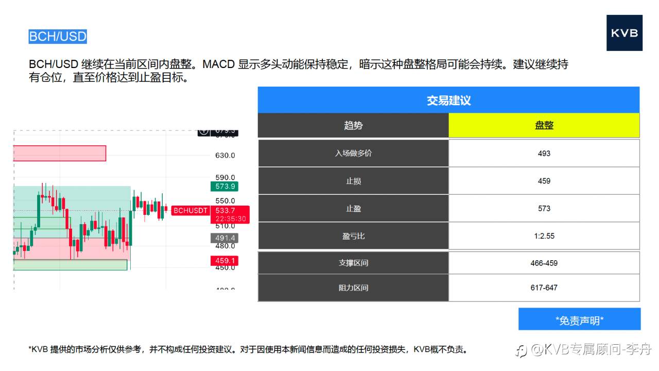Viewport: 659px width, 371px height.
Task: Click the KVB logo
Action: coord(624,33)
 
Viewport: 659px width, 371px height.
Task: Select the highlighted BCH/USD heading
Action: coord(58,37)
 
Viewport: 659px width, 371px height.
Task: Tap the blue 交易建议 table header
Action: coord(448,100)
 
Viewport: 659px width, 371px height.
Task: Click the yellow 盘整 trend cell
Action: coord(544,125)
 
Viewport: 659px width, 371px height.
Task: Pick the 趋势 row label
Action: coord(353,125)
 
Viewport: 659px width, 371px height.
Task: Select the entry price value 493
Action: coord(544,153)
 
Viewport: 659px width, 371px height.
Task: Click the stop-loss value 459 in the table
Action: coord(544,181)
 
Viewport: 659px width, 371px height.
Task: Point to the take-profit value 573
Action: coord(544,209)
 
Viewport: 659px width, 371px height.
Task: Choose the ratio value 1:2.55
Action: coord(544,236)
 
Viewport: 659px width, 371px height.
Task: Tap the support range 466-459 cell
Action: coord(544,263)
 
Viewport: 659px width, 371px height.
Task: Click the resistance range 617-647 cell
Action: coord(544,288)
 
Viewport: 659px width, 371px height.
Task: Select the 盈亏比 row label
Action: coord(353,236)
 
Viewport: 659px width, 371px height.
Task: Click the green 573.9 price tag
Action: coord(224,187)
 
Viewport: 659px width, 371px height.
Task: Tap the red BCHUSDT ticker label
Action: coord(190,211)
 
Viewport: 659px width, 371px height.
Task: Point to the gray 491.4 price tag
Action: coord(224,238)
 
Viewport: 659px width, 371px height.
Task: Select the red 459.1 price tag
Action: coord(224,261)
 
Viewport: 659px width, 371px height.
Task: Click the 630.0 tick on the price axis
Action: coord(226,155)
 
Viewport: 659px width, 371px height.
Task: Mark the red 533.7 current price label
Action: coord(226,210)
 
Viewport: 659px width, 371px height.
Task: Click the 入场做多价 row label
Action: coord(353,153)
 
